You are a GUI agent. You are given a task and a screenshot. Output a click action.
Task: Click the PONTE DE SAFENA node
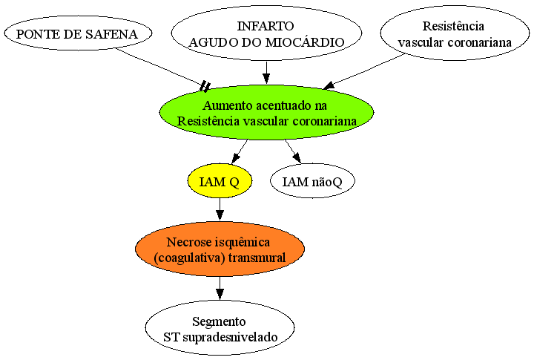[78, 33]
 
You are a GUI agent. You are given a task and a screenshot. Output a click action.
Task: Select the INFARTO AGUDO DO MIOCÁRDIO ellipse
[266, 33]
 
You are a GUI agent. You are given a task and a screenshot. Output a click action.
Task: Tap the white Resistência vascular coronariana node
[455, 33]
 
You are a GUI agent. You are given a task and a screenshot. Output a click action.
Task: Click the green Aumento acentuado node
[267, 113]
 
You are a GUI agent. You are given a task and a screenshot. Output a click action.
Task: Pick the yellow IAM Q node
[220, 181]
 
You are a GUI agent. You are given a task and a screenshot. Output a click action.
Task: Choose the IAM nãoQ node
[312, 181]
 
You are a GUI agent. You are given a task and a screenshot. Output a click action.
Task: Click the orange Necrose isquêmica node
[220, 249]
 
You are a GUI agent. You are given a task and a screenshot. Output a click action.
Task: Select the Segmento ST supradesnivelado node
[220, 328]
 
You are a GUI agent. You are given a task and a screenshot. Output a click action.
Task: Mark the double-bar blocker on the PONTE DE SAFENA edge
[205, 87]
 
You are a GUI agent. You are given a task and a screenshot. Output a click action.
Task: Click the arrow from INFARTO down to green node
[266, 73]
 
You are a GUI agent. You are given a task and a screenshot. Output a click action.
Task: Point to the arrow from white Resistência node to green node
[363, 71]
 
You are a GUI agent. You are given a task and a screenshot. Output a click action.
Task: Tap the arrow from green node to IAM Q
[240, 151]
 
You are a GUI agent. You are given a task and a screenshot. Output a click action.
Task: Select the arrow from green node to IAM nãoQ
[293, 151]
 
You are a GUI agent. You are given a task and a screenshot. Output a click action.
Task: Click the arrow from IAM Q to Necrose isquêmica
[220, 209]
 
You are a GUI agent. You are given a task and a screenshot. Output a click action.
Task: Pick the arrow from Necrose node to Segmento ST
[220, 288]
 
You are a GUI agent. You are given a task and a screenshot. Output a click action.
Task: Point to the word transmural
[257, 257]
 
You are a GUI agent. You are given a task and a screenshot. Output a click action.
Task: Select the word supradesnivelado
[230, 337]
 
